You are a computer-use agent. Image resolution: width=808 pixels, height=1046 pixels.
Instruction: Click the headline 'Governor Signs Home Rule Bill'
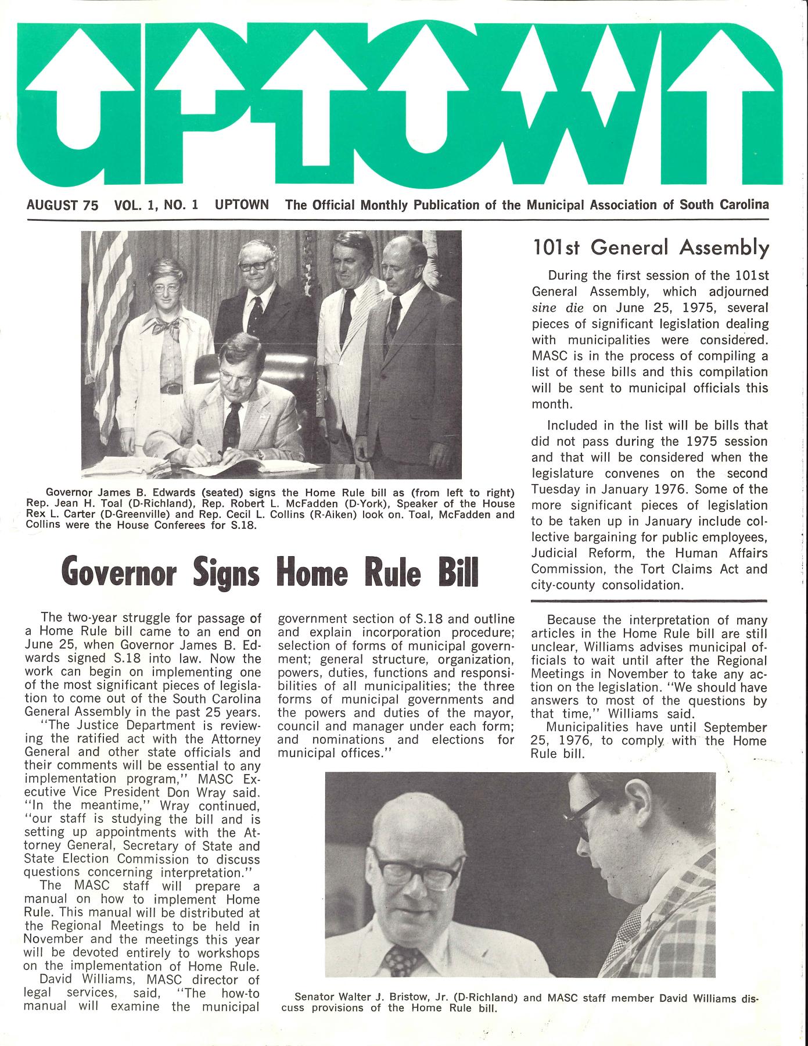point(272,572)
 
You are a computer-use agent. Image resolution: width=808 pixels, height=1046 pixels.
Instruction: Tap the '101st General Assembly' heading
point(651,248)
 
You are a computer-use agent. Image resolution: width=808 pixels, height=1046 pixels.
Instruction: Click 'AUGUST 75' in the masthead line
point(62,205)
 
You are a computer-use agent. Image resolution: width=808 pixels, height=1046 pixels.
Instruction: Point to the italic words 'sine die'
point(558,307)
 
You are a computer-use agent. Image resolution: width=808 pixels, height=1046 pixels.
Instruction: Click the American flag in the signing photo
point(107,325)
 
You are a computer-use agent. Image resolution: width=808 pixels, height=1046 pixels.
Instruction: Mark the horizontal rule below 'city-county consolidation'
point(650,600)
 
